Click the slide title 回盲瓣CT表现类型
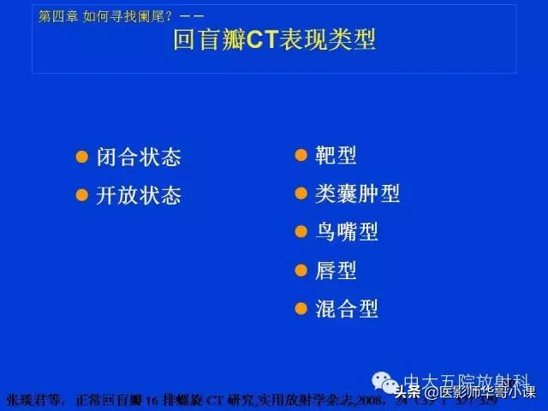[x=274, y=39]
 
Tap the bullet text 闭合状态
[x=139, y=158]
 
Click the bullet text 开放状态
[x=139, y=194]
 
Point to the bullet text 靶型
[x=336, y=156]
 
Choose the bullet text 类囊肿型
[x=357, y=194]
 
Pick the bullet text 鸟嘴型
[x=346, y=232]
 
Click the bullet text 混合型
[x=346, y=308]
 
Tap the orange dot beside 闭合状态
[x=82, y=157]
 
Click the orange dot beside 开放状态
[x=82, y=194]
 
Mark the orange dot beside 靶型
[x=301, y=156]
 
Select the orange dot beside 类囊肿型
[x=301, y=194]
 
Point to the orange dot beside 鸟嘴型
[x=301, y=232]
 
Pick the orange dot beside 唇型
[x=301, y=271]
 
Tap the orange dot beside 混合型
[x=301, y=308]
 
